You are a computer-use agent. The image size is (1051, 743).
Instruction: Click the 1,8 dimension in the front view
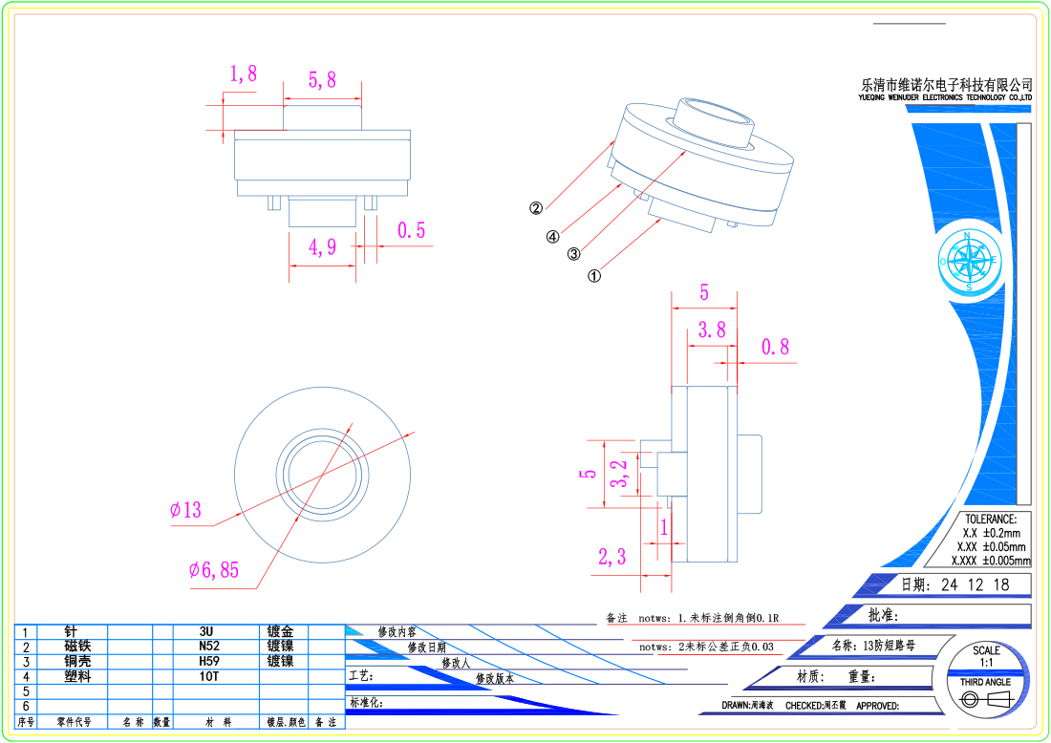(243, 74)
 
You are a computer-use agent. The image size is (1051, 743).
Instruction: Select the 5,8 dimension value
(322, 80)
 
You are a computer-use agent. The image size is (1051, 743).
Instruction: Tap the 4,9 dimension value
(322, 247)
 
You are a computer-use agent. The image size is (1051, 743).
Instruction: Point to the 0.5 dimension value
(411, 230)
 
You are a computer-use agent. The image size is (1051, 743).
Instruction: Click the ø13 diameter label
(186, 510)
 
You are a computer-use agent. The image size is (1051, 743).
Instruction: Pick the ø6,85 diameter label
(213, 570)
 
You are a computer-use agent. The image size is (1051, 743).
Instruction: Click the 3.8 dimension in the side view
(712, 330)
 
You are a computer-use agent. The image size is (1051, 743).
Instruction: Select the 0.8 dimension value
(775, 347)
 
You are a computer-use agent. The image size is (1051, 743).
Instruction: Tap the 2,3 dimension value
(611, 557)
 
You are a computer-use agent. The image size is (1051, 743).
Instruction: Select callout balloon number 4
(552, 237)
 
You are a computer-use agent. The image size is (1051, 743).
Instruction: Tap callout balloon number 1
(593, 276)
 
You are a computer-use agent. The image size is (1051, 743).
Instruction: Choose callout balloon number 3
(573, 254)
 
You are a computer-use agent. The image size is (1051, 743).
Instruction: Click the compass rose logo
(969, 261)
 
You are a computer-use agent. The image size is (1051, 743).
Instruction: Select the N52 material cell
(207, 647)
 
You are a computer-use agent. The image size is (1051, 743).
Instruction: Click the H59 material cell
(207, 661)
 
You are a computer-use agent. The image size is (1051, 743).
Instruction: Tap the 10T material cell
(207, 676)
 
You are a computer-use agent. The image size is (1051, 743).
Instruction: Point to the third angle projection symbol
(984, 700)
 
